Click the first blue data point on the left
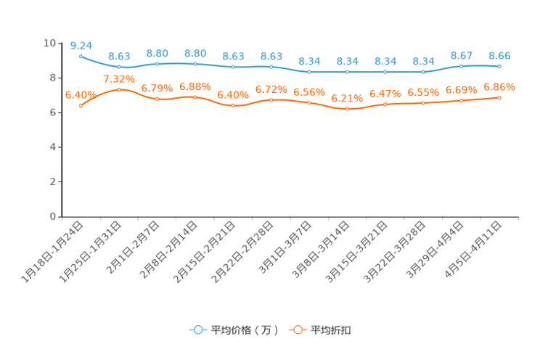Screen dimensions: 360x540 point(81,55)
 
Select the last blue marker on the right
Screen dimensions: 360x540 point(499,66)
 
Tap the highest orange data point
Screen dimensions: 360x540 point(119,89)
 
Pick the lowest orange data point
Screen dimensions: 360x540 point(347,109)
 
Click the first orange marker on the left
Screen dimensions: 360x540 point(81,106)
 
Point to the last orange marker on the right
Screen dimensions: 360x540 point(499,97)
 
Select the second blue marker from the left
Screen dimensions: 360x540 point(119,67)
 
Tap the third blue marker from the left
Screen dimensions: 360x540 point(157,64)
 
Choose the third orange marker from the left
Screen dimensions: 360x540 point(157,99)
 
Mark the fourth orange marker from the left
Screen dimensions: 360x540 point(195,97)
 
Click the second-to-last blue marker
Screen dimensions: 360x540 point(461,66)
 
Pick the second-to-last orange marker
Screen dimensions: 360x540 point(461,101)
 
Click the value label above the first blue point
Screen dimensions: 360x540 point(81,45)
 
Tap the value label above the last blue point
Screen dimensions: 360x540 point(499,55)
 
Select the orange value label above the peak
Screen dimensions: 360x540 point(119,78)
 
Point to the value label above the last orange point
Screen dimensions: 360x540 point(499,86)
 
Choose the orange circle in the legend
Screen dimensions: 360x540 point(297,330)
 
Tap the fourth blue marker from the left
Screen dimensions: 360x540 point(195,64)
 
